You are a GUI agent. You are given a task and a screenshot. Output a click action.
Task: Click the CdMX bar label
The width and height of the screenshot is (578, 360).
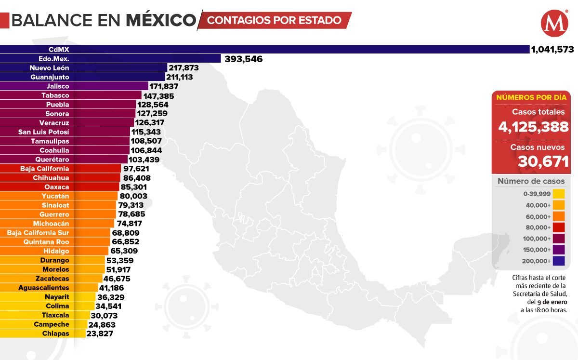(59, 49)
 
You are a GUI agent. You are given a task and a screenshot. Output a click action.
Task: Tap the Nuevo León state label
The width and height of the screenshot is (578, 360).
(49, 68)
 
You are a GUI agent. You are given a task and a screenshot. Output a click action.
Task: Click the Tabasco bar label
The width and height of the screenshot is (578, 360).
(55, 95)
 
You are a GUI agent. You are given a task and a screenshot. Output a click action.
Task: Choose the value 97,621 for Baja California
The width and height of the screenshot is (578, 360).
(136, 169)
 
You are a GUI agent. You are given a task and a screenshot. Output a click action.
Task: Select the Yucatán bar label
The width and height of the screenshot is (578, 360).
(55, 196)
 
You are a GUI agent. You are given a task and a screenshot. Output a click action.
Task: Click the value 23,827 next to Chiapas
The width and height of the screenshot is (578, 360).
(100, 333)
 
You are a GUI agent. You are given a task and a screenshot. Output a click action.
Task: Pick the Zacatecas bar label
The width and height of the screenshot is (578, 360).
(52, 279)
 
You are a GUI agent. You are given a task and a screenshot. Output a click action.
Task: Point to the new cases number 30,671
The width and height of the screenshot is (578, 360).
(543, 161)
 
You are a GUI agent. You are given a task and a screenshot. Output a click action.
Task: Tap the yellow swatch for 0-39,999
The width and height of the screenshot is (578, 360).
(559, 194)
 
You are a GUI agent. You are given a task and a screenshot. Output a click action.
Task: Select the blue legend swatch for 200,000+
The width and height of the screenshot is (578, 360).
(559, 261)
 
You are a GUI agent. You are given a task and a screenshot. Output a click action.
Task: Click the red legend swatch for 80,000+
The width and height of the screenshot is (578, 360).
(559, 227)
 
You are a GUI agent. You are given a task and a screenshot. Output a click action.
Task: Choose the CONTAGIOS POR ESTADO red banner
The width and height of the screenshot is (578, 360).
(275, 20)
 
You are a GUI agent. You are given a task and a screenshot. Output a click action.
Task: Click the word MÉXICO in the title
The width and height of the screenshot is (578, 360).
(161, 20)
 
